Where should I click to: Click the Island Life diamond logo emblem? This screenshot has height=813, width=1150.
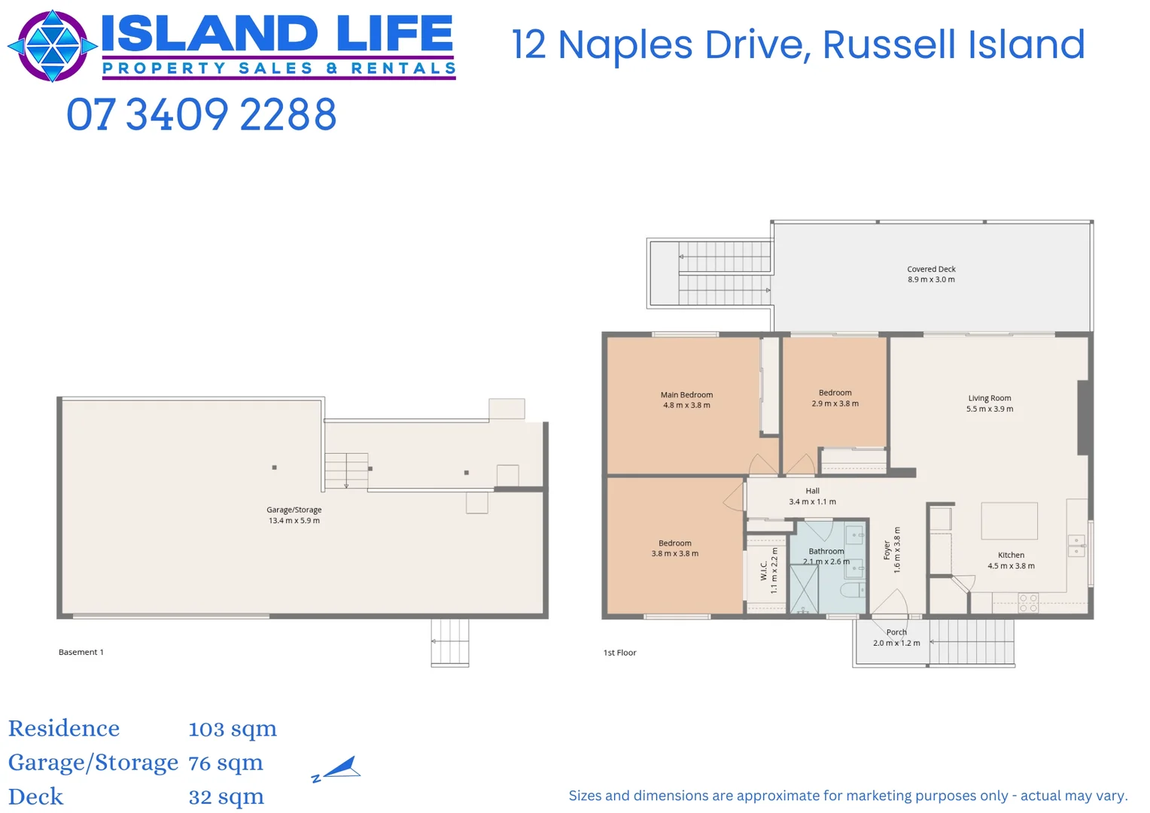pos(52,46)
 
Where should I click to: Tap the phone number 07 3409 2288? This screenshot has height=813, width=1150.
pos(201,115)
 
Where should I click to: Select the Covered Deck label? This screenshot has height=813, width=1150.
pos(931,269)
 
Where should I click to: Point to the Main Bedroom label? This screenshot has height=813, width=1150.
pos(686,394)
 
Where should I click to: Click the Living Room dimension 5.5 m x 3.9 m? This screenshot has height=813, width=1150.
pos(990,410)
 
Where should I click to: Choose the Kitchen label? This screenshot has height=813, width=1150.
pos(1011,555)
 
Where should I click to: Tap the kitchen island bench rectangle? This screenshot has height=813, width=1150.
pos(1009,520)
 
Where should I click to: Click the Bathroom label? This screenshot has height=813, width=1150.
pos(826,551)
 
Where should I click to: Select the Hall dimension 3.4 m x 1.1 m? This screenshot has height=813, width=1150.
pos(812,502)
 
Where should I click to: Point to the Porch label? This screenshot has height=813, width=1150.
pos(896,632)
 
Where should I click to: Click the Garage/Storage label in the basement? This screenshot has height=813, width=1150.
pos(294,510)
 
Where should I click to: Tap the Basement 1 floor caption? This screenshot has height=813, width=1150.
pos(81,652)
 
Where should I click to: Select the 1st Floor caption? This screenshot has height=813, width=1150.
pos(619,653)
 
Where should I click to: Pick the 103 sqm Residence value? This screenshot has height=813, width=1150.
pos(233,729)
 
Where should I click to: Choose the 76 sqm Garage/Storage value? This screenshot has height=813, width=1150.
pos(226,763)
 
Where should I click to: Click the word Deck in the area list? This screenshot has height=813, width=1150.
pos(36,796)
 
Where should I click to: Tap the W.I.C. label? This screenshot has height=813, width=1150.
pos(764,571)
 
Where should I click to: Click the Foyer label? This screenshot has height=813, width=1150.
pos(887,550)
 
